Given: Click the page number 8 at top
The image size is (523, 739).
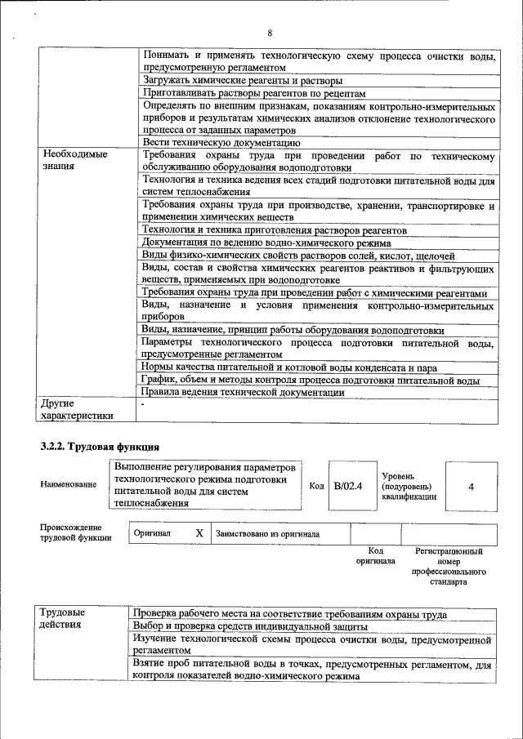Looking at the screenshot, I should tap(270, 33).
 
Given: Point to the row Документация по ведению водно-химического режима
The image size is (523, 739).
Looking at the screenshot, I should tap(266, 243).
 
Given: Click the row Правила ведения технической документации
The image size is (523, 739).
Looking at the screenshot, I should tap(243, 392).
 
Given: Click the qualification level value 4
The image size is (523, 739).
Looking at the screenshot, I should tap(471, 486).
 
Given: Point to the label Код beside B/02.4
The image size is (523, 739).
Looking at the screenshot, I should tap(316, 486).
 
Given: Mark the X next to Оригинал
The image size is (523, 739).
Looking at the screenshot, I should tap(199, 533).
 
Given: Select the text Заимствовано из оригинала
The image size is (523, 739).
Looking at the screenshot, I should tap(267, 534).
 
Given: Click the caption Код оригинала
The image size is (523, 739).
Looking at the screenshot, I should tap(375, 556).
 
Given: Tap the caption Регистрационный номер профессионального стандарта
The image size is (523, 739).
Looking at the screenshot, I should tap(449, 568).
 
